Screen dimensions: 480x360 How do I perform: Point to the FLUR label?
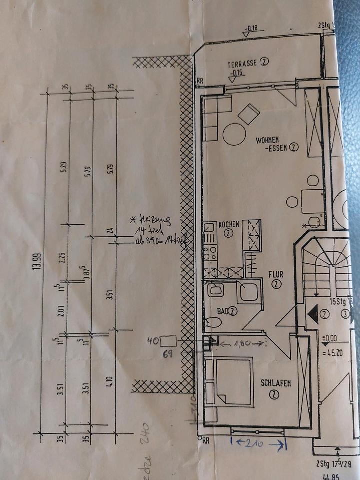pos(276,274)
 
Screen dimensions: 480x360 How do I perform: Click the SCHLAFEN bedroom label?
pos(276,383)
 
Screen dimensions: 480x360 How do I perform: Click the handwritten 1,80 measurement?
pos(243,343)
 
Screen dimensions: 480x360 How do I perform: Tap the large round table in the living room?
pos(234,134)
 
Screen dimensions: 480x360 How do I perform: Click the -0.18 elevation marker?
pos(252,28)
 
